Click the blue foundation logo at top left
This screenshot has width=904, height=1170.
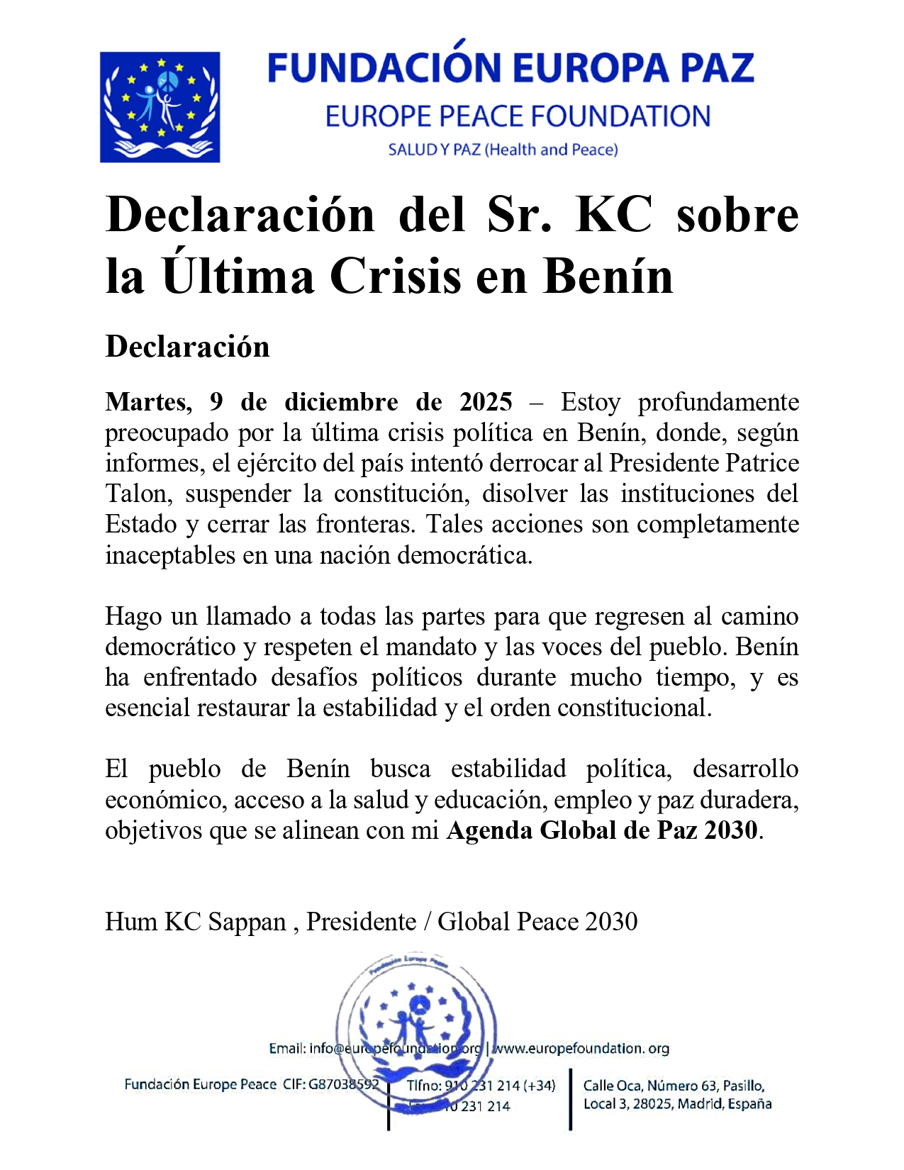pos(160,107)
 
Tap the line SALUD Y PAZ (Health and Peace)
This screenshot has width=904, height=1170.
pos(503,150)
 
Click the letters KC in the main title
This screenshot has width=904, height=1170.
pos(614,214)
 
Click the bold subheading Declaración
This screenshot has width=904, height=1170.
pos(187,347)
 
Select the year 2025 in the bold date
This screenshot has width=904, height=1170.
pos(486,402)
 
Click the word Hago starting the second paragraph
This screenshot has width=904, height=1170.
pos(134,616)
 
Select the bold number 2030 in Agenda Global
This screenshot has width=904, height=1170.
pos(730,830)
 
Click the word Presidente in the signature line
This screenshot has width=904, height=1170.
pos(361,921)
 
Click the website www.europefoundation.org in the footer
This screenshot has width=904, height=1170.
pos(581,1048)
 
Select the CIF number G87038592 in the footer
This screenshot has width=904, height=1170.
pos(343,1084)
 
